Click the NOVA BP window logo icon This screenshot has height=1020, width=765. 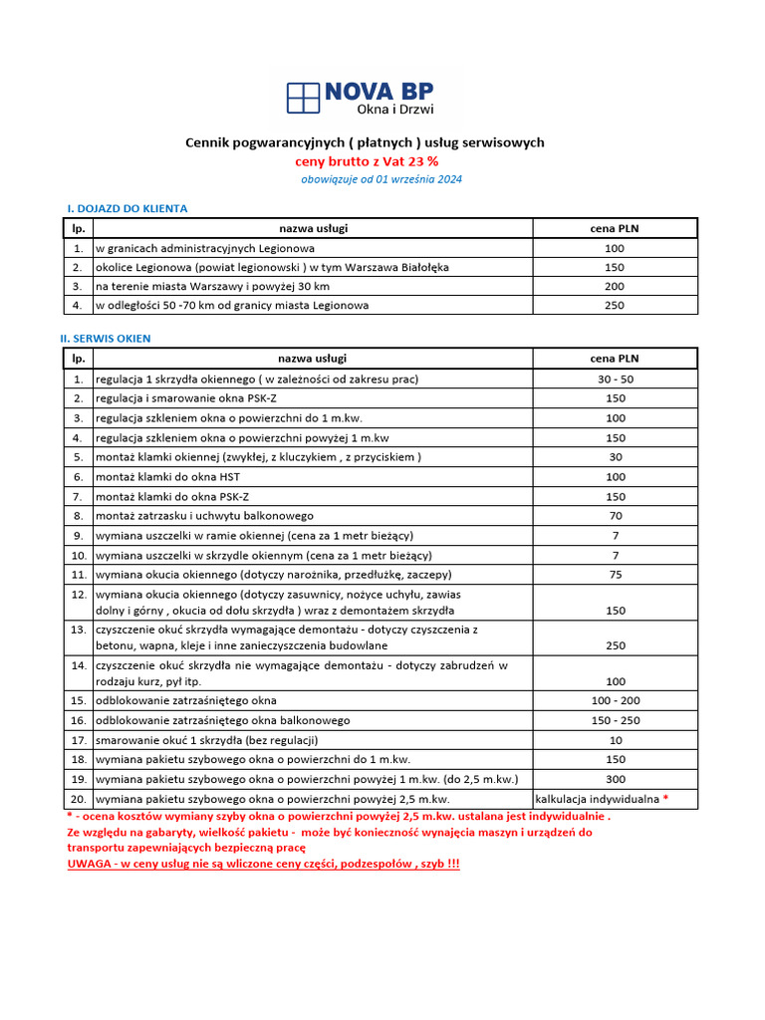[x=303, y=98]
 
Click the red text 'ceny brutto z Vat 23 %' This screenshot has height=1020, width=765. [x=366, y=160]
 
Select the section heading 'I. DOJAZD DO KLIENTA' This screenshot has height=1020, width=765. [x=127, y=208]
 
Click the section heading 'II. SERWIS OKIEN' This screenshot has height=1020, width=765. [x=106, y=339]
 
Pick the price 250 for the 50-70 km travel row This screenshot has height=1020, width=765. [x=615, y=305]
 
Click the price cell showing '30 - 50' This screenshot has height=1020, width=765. [x=615, y=380]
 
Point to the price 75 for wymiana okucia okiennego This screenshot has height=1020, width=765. [x=615, y=575]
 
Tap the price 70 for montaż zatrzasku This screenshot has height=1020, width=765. [x=615, y=516]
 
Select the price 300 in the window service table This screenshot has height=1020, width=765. [x=615, y=779]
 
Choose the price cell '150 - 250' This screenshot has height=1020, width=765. [x=615, y=720]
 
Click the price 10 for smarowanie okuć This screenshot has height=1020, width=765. [x=615, y=740]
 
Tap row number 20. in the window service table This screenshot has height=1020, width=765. [x=78, y=799]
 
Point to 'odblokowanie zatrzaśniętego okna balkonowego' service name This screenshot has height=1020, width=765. [x=222, y=720]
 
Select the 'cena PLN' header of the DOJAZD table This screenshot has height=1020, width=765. [x=615, y=228]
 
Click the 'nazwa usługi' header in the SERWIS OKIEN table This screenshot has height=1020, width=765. [x=313, y=358]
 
